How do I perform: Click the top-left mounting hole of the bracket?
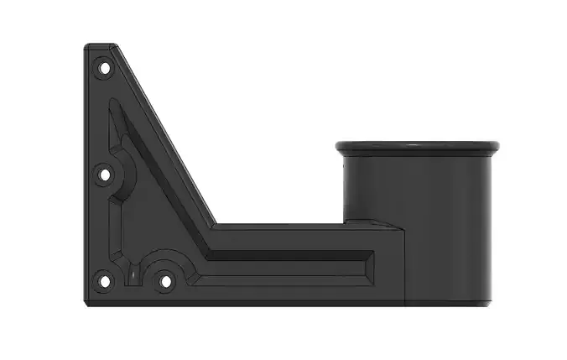click(104, 65)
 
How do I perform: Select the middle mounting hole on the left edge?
click(105, 175)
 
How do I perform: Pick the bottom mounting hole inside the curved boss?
click(165, 280)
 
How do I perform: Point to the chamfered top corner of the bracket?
click(109, 45)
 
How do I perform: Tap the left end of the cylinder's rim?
click(339, 148)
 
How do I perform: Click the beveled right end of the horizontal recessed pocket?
click(370, 265)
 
